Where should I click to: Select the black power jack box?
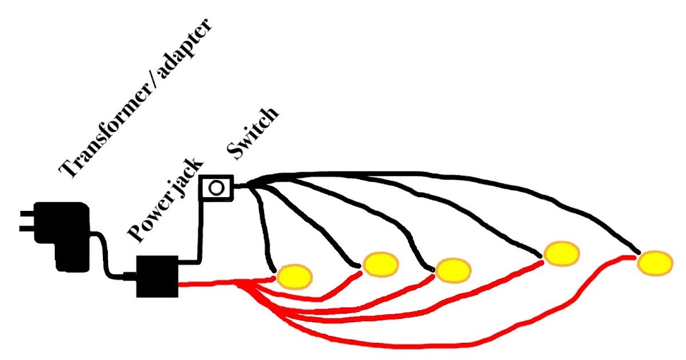[x=157, y=276]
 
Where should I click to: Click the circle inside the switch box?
[x=216, y=187]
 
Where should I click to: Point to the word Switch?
[x=252, y=133]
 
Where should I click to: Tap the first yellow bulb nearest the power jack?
[x=295, y=275]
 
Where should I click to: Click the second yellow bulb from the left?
[x=380, y=263]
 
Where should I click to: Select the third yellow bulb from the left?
[x=453, y=270]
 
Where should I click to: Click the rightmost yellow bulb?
[x=655, y=263]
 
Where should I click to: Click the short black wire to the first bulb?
[x=263, y=229]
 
